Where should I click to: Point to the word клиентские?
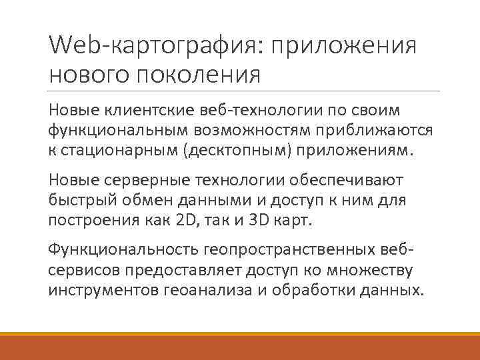[147, 109]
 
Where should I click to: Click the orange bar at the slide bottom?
[240, 345]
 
